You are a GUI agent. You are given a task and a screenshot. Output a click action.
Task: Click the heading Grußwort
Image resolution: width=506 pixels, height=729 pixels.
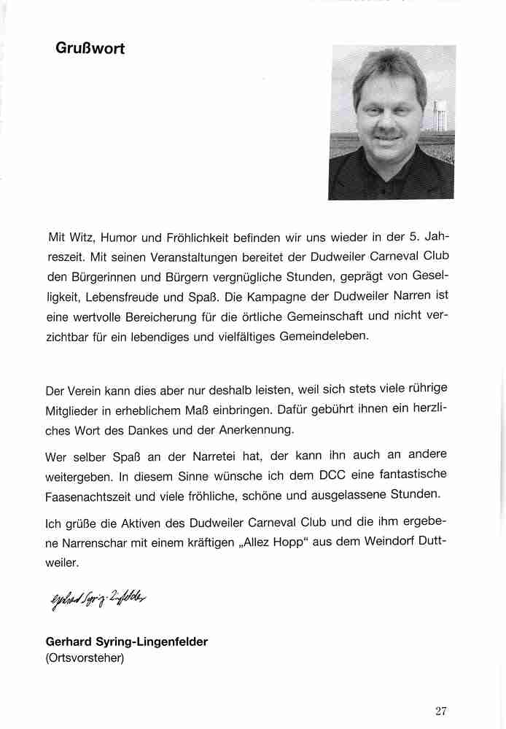[x=90, y=49]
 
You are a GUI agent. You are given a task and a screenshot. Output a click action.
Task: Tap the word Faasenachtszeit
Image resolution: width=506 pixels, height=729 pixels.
[x=92, y=494]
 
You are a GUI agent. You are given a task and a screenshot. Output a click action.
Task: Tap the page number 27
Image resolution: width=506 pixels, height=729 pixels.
[x=440, y=711]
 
